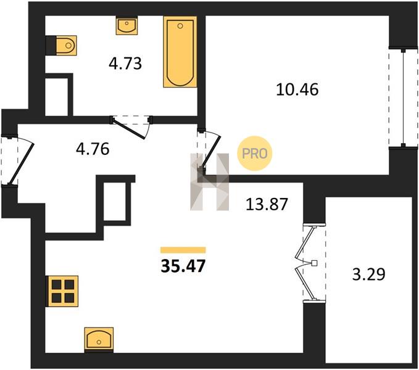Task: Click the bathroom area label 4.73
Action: point(125,64)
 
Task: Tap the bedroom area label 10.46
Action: point(297,89)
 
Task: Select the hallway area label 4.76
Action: point(93,149)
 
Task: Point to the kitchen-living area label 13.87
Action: point(267,204)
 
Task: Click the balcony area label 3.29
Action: point(369,274)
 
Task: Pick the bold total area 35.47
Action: point(183,266)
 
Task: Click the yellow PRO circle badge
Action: point(255,154)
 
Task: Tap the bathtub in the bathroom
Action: point(180,52)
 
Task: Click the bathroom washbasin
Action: point(127,25)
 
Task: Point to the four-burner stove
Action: point(63,291)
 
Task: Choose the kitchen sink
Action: point(99,339)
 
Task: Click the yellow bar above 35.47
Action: point(183,250)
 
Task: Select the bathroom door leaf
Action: point(129,129)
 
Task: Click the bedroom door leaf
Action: point(211,151)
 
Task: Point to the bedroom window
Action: point(403,97)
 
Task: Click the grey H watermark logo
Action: point(210,182)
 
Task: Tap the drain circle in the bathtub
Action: point(180,26)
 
